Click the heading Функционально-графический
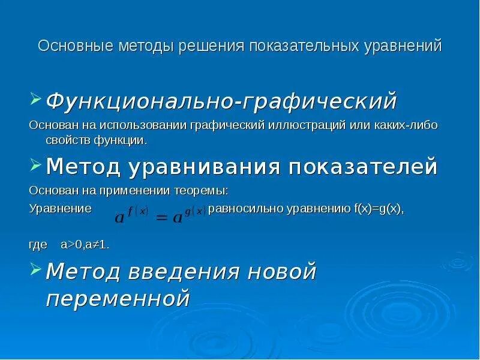pyautogui.click(x=221, y=100)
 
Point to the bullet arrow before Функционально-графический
pyautogui.click(x=35, y=98)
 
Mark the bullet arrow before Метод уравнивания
pyautogui.click(x=35, y=164)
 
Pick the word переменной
pyautogui.click(x=118, y=298)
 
